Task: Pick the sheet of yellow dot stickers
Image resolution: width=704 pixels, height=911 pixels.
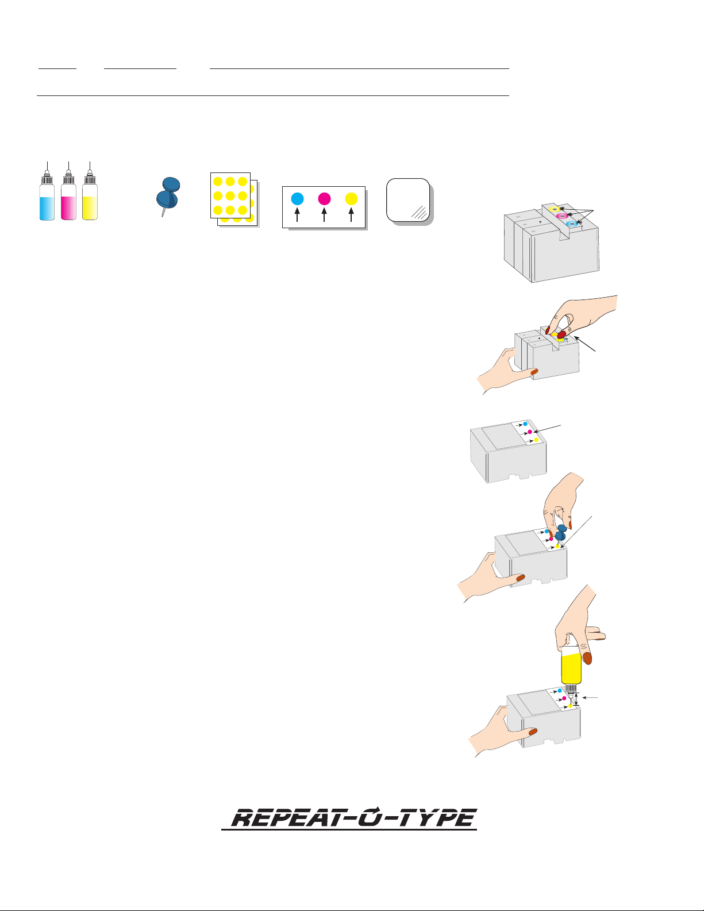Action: pyautogui.click(x=234, y=199)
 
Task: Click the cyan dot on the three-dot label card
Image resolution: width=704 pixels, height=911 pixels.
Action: pyautogui.click(x=297, y=199)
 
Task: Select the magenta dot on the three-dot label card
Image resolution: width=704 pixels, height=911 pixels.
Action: pyautogui.click(x=324, y=199)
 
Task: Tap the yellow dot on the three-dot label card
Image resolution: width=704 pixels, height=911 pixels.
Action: pyautogui.click(x=351, y=199)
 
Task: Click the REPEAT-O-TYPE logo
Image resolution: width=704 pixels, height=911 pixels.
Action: pyautogui.click(x=349, y=818)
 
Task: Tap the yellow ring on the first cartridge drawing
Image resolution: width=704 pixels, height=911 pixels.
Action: pyautogui.click(x=555, y=209)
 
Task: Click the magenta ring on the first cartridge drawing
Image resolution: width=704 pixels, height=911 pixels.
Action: pyautogui.click(x=563, y=216)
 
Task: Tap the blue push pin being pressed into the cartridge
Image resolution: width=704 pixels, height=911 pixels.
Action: pyautogui.click(x=561, y=533)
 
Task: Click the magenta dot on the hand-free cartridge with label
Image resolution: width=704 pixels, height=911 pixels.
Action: pyautogui.click(x=530, y=432)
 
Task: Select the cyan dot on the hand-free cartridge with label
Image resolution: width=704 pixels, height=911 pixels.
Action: pyautogui.click(x=525, y=424)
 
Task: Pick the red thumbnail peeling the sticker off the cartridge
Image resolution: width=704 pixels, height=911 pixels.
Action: pyautogui.click(x=561, y=335)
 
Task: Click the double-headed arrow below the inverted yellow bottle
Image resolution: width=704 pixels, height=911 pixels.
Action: pyautogui.click(x=576, y=699)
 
